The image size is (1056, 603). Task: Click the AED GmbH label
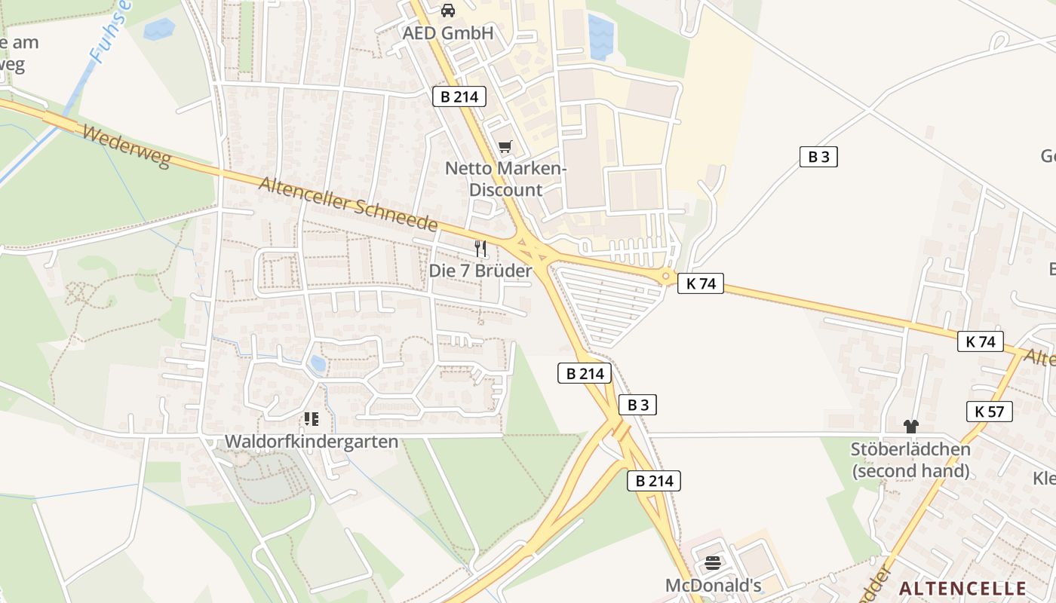pyautogui.click(x=447, y=33)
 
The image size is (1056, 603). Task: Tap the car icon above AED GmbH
pyautogui.click(x=448, y=11)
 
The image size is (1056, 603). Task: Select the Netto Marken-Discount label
pyautogui.click(x=505, y=179)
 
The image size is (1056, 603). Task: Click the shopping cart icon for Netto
pyautogui.click(x=505, y=147)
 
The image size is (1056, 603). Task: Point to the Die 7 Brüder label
pyautogui.click(x=480, y=271)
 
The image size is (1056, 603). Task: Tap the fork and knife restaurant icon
pyautogui.click(x=480, y=248)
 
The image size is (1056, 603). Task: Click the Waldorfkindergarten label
pyautogui.click(x=312, y=441)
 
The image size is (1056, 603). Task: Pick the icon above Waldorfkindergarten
pyautogui.click(x=312, y=418)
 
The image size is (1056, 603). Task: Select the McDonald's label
pyautogui.click(x=713, y=585)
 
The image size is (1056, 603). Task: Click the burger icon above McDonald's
pyautogui.click(x=713, y=562)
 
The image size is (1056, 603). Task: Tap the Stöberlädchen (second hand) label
pyautogui.click(x=910, y=460)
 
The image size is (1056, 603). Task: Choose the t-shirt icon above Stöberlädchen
pyautogui.click(x=910, y=427)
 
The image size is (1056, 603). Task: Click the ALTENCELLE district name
pyautogui.click(x=963, y=588)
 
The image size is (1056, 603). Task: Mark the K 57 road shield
pyautogui.click(x=989, y=411)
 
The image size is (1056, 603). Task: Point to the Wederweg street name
pyautogui.click(x=126, y=146)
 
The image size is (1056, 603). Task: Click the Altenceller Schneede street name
pyautogui.click(x=348, y=204)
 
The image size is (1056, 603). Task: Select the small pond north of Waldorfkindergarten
pyautogui.click(x=318, y=364)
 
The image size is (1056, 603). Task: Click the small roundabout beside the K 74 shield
pyautogui.click(x=665, y=277)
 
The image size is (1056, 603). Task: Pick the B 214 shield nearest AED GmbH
pyautogui.click(x=459, y=96)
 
